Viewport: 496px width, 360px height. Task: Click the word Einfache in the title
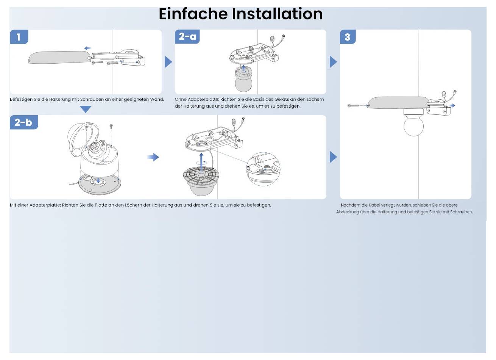click(193, 14)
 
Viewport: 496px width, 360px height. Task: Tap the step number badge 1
click(19, 37)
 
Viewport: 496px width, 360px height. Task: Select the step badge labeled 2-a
click(187, 36)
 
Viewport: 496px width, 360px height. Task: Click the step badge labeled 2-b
click(23, 122)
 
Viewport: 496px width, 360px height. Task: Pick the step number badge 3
click(347, 37)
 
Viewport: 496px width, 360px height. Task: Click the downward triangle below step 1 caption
click(86, 109)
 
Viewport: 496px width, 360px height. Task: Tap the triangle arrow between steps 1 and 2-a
click(168, 62)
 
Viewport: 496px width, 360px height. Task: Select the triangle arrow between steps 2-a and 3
click(333, 62)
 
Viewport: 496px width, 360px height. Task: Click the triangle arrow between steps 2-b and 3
click(333, 157)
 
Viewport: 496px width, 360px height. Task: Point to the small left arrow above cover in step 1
click(87, 48)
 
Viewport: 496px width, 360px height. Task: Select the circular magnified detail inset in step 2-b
click(263, 169)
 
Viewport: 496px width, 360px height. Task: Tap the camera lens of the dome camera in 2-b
click(94, 147)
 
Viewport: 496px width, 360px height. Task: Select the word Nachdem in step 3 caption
click(350, 205)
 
